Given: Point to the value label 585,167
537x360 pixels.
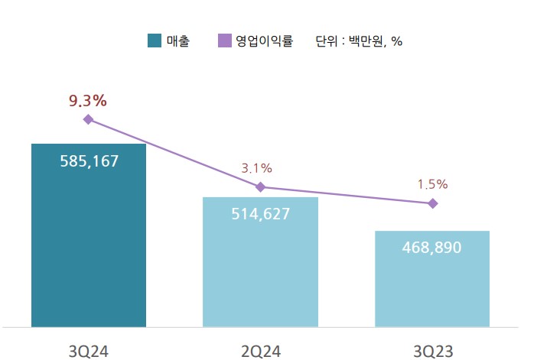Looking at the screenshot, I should coord(89,162).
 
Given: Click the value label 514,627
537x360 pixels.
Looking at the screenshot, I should coord(260,214).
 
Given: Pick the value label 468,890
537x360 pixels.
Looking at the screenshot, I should coord(432,248).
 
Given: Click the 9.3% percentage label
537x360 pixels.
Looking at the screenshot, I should coord(87,100).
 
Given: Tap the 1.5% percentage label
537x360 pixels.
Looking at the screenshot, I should coord(432,184).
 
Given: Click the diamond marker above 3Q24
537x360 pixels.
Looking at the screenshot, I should coord(88,119).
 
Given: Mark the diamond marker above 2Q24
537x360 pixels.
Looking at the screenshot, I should coord(260,187).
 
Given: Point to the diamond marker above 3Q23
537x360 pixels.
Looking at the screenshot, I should coord(433,203).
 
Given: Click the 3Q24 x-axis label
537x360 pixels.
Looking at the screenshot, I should coord(88,351).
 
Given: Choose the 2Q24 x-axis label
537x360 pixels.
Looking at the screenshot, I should coord(260,351).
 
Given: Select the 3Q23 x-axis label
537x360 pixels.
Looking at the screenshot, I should coord(433,351).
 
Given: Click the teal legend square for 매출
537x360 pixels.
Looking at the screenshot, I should coord(154,41).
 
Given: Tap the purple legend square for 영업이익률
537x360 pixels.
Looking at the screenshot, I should coord(225,41).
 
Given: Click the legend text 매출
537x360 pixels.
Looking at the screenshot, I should coord(178,41).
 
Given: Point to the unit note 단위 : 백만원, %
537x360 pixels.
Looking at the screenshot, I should coord(359,41).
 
